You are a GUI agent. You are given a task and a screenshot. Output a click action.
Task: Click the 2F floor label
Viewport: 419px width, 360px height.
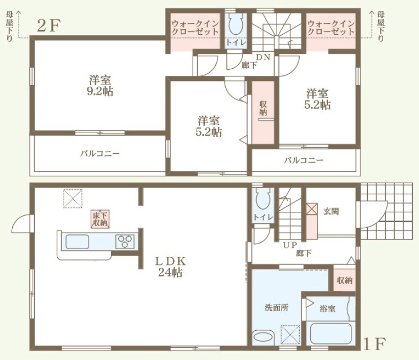pyautogui.click(x=49, y=26)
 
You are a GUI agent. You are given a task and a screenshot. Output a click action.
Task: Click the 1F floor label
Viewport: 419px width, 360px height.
pyautogui.click(x=374, y=344)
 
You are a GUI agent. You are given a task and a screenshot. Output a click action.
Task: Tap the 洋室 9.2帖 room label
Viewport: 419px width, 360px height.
pyautogui.click(x=100, y=86)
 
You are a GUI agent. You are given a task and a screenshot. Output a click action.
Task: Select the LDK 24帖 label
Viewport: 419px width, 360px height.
pyautogui.click(x=170, y=267)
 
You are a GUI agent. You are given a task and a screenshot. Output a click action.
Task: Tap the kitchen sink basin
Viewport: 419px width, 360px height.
pyautogui.click(x=77, y=242)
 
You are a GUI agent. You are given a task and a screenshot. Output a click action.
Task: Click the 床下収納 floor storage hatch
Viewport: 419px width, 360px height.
pyautogui.click(x=100, y=219)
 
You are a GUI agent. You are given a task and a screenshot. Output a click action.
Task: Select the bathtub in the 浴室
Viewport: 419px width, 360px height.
pyautogui.click(x=331, y=333)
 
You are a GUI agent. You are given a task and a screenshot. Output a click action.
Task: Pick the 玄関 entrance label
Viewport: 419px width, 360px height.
pyautogui.click(x=331, y=211)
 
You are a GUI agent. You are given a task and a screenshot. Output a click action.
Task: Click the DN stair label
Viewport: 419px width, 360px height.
pyautogui.click(x=263, y=57)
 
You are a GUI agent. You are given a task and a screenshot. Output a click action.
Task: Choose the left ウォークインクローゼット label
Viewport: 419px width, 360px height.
pyautogui.click(x=195, y=28)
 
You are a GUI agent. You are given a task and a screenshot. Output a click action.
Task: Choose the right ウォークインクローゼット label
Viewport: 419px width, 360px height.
pyautogui.click(x=331, y=28)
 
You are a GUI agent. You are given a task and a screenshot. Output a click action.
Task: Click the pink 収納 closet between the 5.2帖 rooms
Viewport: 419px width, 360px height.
pyautogui.click(x=263, y=112)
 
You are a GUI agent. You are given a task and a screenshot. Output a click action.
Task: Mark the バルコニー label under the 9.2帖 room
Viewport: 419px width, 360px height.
pyautogui.click(x=100, y=154)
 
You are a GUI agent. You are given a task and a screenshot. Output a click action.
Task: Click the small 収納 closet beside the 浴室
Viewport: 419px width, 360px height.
pyautogui.click(x=344, y=280)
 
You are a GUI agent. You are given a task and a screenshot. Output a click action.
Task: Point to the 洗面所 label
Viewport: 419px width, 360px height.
pyautogui.click(x=277, y=308)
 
